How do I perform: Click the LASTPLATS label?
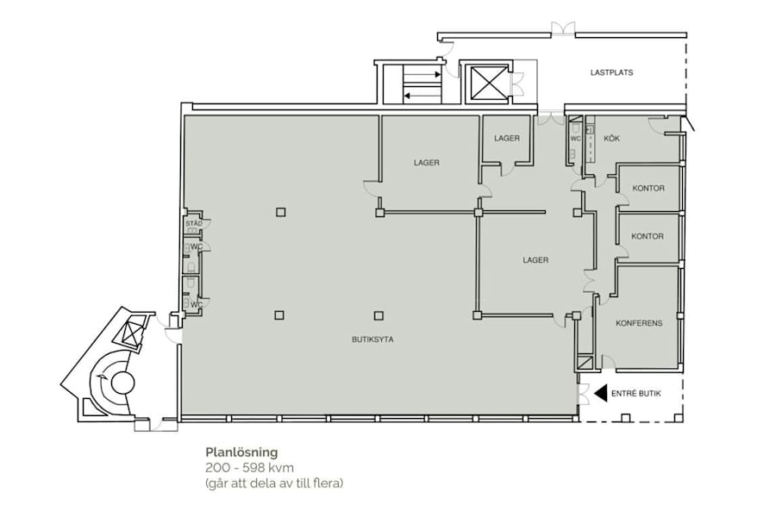coord(611,72)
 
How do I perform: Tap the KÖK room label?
coord(611,139)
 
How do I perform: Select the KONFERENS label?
coord(639,323)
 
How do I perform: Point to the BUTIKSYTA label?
coord(372,339)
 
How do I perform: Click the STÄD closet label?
coord(193,224)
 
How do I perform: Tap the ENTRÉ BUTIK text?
coord(636,394)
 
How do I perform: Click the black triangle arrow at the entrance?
coord(600,393)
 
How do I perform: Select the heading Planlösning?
coord(241,452)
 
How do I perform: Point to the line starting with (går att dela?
coord(274,483)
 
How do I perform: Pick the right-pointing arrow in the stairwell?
coord(422,75)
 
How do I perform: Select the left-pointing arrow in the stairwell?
coord(422,96)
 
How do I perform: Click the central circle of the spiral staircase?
coord(122,383)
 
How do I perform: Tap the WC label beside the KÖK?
coord(575,139)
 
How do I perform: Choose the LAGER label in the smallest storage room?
coord(507,139)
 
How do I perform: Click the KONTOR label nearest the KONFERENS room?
coord(648,236)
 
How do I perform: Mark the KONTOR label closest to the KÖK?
coord(648,189)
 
